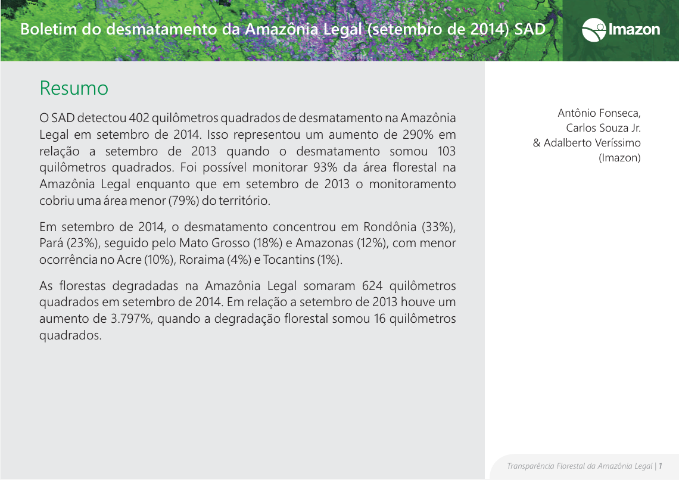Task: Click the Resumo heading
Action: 74,88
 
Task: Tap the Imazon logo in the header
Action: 621,29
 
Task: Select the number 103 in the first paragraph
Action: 446,151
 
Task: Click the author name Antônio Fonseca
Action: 599,113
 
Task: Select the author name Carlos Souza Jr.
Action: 603,127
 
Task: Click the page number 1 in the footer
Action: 661,466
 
